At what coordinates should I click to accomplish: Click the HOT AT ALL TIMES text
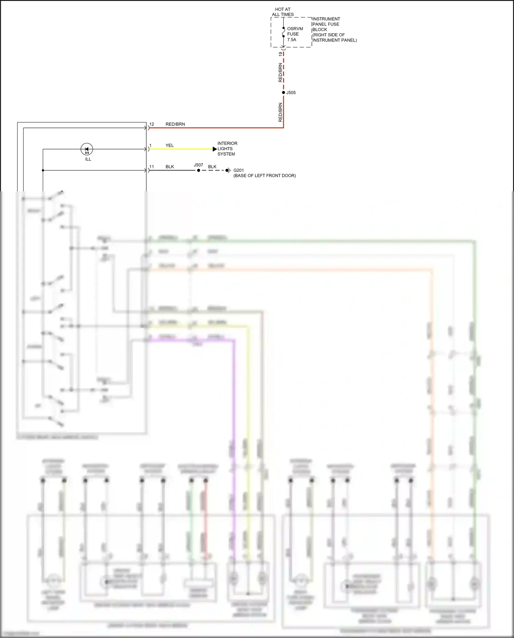283,12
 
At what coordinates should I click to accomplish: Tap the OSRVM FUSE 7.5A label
295,34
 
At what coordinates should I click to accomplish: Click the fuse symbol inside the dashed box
283,32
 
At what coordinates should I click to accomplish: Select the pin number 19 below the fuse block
281,54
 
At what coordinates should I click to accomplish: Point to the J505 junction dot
283,93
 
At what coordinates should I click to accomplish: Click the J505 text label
291,93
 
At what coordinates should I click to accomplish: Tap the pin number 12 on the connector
152,124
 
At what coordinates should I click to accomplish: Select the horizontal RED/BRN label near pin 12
175,124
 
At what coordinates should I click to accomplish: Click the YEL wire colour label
170,145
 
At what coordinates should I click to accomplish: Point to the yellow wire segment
182,149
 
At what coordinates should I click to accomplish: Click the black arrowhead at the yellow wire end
215,149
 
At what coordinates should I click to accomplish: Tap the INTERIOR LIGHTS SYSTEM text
227,149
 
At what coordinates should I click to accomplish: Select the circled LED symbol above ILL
87,149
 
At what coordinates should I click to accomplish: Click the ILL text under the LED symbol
88,159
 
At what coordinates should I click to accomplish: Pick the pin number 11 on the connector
151,167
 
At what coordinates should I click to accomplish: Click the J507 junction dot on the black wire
198,170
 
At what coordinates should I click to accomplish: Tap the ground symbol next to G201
229,170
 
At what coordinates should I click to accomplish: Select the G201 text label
238,170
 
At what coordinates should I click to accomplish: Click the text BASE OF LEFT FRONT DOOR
265,176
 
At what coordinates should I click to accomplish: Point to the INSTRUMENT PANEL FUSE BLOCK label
334,29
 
